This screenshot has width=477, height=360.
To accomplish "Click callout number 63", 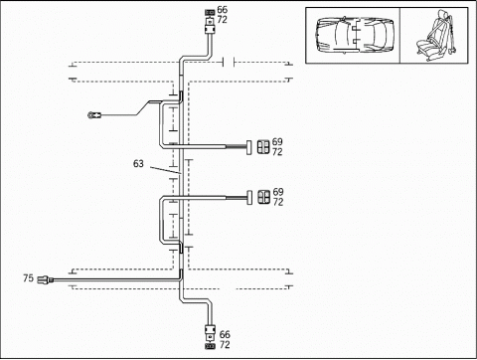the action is tap(138, 163).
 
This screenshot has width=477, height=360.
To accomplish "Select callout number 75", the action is tap(29, 277).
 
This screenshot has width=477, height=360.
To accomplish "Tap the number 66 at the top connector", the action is tap(223, 10).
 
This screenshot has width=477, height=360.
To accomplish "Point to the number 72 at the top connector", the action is tap(223, 20).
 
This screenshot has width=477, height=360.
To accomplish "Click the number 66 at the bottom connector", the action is tap(225, 334).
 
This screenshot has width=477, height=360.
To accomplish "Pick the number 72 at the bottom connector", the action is tap(225, 345).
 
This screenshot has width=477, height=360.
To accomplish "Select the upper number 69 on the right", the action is tap(277, 141).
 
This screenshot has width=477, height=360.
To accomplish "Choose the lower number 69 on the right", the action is tap(278, 192).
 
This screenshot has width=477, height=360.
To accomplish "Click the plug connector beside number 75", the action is tap(46, 279).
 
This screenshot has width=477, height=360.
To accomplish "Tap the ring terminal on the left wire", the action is tap(94, 115).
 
